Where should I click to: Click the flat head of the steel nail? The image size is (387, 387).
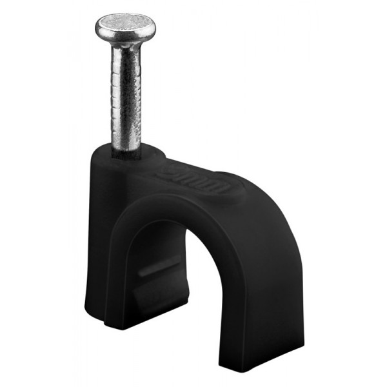pos(125,25)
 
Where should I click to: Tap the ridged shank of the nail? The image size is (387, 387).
pos(125,97)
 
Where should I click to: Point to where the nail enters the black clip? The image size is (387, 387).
pos(126,153)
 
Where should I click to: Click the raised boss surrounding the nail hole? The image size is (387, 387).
pos(129,161)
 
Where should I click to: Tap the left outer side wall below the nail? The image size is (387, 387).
pos(94,245)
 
